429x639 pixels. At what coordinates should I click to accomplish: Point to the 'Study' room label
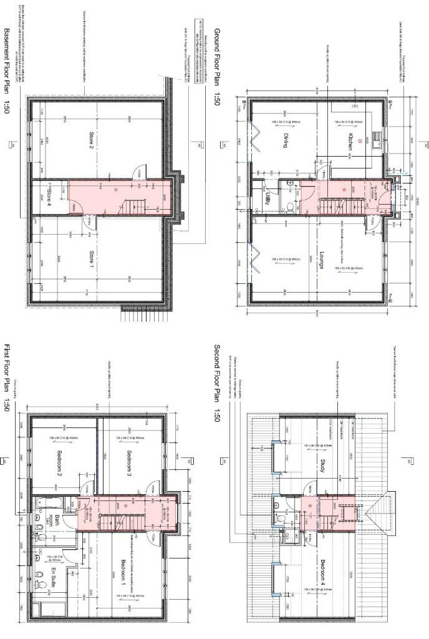[322, 466]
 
